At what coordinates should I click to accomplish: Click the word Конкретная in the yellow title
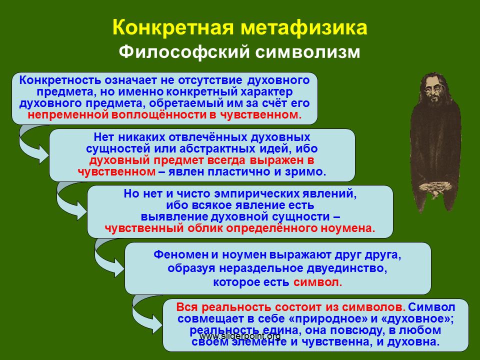coord(173,27)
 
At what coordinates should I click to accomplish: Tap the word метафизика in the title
coord(304,28)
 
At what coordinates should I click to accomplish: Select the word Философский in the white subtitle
coord(184,52)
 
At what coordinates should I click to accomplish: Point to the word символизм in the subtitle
coord(308,52)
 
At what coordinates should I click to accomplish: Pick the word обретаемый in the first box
coord(186,103)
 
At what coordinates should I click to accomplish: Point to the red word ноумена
coord(348,228)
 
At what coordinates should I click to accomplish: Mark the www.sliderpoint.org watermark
coord(239,336)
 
